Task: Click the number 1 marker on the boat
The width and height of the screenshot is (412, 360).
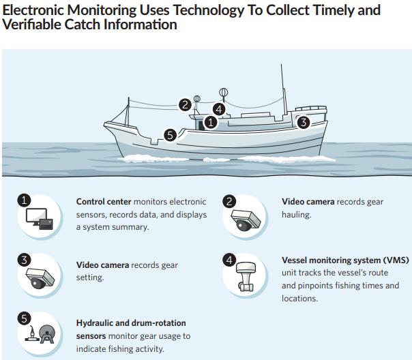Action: click(211, 122)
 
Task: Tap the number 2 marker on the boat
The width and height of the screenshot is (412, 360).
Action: click(186, 105)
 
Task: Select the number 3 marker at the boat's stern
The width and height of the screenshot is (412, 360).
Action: click(304, 122)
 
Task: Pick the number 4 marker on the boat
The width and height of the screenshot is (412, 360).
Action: click(219, 109)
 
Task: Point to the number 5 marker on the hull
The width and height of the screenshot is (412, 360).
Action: click(171, 135)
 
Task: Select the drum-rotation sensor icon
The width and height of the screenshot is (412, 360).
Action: click(47, 334)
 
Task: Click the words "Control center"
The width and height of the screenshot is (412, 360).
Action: click(104, 202)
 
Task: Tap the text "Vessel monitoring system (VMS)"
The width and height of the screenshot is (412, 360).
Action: click(345, 260)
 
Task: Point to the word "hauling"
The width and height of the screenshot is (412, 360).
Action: click(297, 215)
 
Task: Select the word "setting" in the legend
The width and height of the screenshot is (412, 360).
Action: click(90, 277)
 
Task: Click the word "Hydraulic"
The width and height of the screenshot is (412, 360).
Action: click(95, 323)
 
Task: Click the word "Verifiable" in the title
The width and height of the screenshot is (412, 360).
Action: click(31, 25)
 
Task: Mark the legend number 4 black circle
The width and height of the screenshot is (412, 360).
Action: click(229, 260)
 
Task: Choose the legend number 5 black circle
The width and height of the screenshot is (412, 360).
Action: click(24, 318)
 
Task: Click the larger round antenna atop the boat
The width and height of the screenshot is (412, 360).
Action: click(223, 93)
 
